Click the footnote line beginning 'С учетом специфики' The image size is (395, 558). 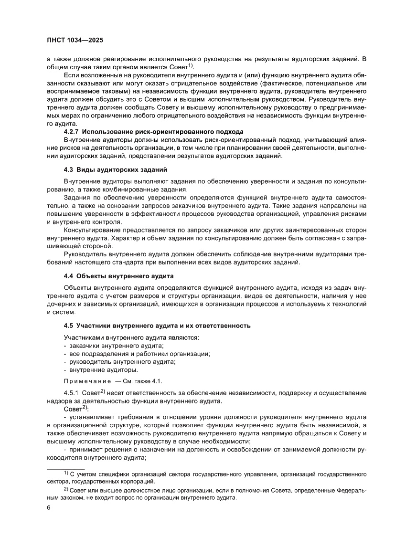click(x=218, y=474)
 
